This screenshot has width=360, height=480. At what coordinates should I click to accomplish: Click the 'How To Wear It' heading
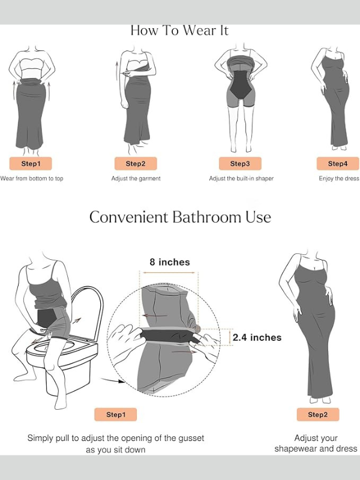pos(179,31)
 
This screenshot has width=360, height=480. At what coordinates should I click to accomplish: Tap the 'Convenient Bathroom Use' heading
pos(180,217)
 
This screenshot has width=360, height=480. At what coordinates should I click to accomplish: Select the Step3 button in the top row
pos(240,163)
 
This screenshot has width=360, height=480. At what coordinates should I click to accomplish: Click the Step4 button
pos(338,163)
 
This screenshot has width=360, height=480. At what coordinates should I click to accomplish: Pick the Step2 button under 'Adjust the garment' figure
pos(136,163)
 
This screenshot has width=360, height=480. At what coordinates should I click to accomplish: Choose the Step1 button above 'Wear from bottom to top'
pos(31,163)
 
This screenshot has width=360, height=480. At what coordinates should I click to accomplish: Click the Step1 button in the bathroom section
pos(116,415)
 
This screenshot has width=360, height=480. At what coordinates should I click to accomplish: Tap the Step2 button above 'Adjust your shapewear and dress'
pos(318,415)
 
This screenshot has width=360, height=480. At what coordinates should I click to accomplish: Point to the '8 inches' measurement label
pos(170,262)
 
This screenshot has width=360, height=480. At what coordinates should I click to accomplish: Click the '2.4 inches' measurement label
pos(257,337)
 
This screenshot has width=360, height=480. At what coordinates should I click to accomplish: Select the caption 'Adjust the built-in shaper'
pos(241,178)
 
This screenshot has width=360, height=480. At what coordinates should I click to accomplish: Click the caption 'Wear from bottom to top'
pos(32,178)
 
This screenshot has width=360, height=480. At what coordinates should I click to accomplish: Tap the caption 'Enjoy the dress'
pos(339,178)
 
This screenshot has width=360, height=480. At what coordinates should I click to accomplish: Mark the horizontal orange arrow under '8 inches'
pos(169,272)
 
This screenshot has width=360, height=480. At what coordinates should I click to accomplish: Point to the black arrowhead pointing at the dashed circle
pos(121,382)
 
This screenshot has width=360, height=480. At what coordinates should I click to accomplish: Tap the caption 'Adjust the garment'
pos(136,178)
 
